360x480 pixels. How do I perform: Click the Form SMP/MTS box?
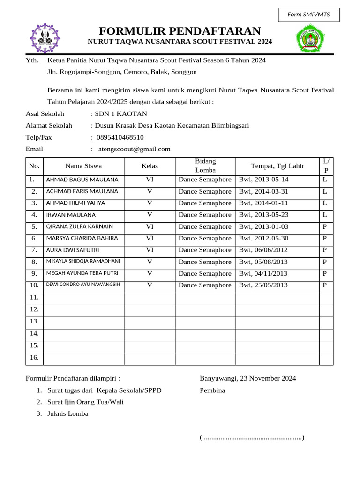click(x=308, y=15)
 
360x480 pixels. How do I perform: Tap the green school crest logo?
click(x=309, y=38)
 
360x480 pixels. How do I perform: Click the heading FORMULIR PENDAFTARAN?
click(x=180, y=31)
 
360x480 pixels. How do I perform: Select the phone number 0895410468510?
click(x=120, y=137)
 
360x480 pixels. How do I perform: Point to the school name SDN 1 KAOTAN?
click(x=120, y=114)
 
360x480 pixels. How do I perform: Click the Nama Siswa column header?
click(x=83, y=166)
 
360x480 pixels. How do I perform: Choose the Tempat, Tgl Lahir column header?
click(x=277, y=166)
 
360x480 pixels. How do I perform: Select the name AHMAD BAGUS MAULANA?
click(x=82, y=180)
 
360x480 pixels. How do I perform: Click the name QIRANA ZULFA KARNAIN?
click(x=79, y=226)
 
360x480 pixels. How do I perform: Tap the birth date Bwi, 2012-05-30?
click(x=263, y=238)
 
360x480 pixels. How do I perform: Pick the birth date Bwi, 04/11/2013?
click(x=263, y=273)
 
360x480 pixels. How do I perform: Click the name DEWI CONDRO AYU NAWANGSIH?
click(x=83, y=285)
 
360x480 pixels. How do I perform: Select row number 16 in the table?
click(x=34, y=358)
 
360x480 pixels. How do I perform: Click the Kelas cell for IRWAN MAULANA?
click(x=150, y=215)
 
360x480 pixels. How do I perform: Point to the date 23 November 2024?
click(x=268, y=378)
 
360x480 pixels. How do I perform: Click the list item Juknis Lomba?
click(x=67, y=413)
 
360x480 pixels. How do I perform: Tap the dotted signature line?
click(x=252, y=437)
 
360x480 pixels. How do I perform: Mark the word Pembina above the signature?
click(x=212, y=390)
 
